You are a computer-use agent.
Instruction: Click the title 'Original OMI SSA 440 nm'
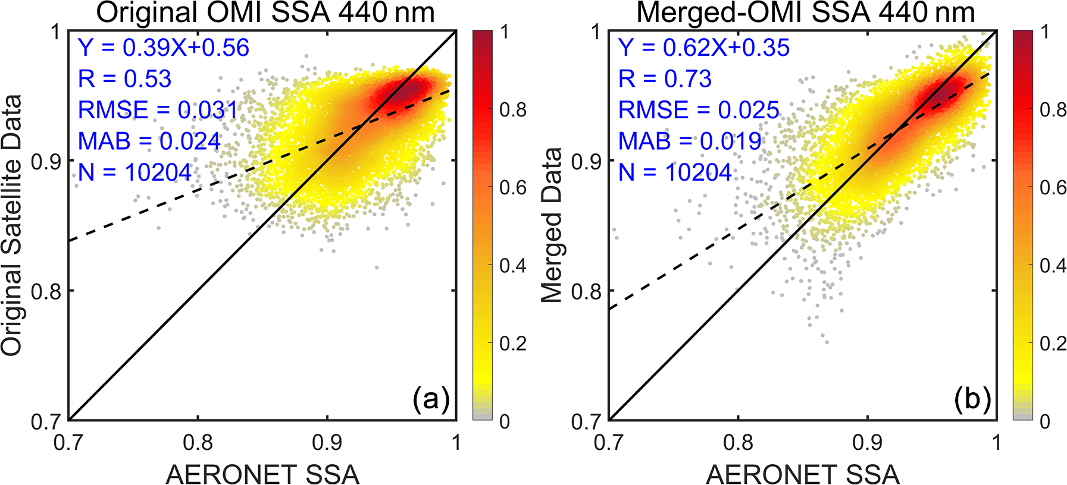[x=265, y=12]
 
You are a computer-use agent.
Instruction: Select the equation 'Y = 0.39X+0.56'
[x=164, y=48]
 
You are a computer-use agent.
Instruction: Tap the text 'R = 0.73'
[x=665, y=79]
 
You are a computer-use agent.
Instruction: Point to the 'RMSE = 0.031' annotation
[x=158, y=110]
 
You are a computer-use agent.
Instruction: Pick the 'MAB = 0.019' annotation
[x=690, y=141]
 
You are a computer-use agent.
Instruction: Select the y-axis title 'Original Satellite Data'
[x=12, y=226]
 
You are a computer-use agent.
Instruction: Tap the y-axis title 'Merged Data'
[x=552, y=226]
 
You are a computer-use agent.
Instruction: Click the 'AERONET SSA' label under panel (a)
[x=262, y=474]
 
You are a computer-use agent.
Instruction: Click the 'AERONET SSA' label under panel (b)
[x=803, y=474]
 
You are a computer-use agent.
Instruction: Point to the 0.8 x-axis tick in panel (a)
[x=198, y=443]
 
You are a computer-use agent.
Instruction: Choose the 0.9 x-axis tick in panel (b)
[x=867, y=443]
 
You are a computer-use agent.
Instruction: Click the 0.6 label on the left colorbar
[x=513, y=188]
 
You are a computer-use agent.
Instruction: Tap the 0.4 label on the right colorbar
[x=1053, y=266]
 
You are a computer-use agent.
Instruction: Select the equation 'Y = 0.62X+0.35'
[x=704, y=48]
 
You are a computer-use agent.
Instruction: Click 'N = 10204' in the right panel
[x=675, y=172]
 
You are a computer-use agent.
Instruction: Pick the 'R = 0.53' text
[x=124, y=79]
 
